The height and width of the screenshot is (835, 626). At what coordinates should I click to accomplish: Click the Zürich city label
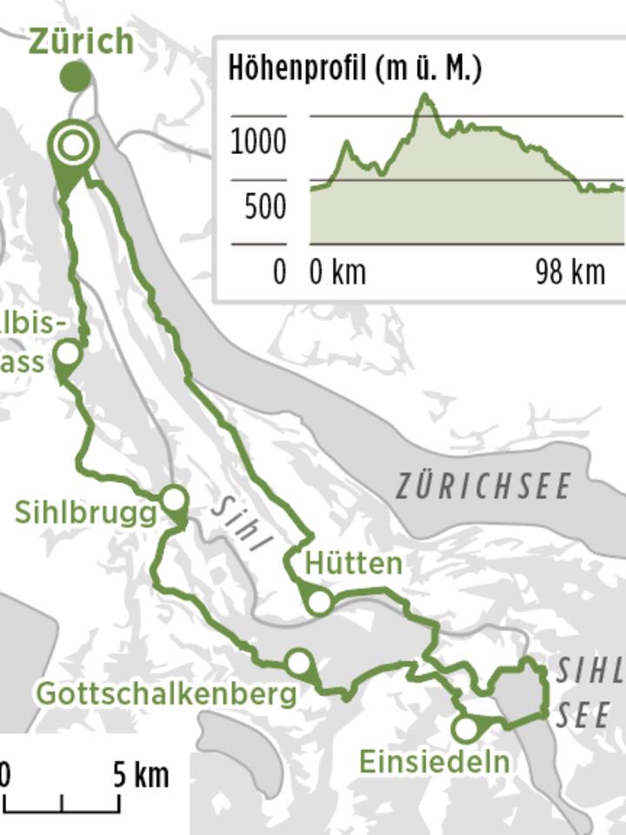[x=82, y=41]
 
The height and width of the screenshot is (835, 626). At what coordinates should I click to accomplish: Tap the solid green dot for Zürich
[x=76, y=77]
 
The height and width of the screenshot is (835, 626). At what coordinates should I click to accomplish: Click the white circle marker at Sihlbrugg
[x=174, y=499]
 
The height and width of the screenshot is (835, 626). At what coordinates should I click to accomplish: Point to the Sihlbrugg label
[x=85, y=512]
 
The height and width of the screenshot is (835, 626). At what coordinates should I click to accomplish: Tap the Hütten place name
[x=353, y=564]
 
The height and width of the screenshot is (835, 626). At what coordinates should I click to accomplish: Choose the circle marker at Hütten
[x=319, y=601]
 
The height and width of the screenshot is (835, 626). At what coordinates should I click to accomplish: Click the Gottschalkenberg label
[x=166, y=694]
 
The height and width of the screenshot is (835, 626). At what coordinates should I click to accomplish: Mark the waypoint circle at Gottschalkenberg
[x=299, y=662]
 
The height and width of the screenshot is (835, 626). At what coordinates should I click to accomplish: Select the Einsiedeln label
[x=434, y=762]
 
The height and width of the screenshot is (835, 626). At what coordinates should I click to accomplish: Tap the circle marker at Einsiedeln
[x=466, y=729]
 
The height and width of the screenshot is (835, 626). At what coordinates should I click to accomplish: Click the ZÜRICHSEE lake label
[x=484, y=486]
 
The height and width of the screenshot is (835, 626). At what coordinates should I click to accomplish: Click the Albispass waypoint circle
[x=67, y=354]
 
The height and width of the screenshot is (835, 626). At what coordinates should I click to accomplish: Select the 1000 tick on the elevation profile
[x=258, y=142]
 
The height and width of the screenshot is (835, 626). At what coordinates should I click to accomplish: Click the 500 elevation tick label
[x=264, y=208]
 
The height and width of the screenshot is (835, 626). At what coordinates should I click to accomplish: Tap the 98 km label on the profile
[x=569, y=273]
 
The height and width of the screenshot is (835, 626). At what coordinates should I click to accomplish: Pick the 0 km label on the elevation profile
[x=338, y=273]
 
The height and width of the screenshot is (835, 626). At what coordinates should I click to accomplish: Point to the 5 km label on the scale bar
[x=141, y=775]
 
